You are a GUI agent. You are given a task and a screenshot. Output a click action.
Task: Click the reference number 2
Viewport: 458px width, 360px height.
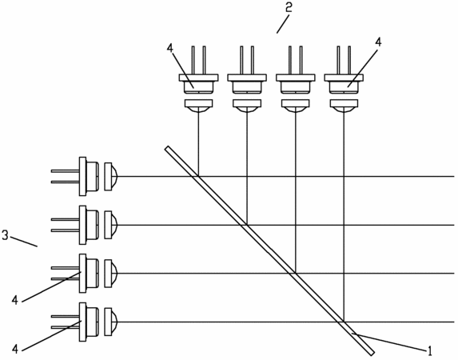tap(289, 8)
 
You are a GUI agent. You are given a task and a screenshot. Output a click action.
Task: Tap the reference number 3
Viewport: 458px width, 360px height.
tap(5, 235)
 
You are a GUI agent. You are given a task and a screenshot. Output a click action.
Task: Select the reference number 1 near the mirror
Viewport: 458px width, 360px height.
tap(429, 350)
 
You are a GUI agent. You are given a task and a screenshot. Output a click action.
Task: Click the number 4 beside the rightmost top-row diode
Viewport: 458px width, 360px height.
tap(378, 42)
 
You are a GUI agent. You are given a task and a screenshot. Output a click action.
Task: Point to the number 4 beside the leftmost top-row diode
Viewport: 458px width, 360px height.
tap(170, 47)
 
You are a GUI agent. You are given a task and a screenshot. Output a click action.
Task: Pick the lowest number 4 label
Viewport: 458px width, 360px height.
tap(15, 349)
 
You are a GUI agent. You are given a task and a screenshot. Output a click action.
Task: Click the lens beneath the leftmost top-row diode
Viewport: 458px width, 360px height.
tap(198, 106)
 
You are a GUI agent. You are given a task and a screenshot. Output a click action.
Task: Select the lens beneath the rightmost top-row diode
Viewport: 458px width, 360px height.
tap(344, 106)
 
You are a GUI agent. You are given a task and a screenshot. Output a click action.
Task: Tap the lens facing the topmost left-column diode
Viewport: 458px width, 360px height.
tap(111, 177)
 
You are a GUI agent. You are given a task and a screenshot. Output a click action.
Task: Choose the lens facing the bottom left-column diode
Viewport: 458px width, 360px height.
tap(111, 322)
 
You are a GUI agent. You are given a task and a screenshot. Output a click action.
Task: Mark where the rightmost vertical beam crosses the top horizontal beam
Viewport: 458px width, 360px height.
tap(344, 176)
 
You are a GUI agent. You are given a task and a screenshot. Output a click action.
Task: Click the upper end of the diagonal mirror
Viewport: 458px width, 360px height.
tap(167, 148)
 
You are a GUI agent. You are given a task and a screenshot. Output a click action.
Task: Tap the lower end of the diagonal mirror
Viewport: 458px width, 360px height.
tap(372, 354)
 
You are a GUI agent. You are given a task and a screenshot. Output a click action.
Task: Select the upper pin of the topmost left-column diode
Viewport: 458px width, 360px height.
tap(65, 170)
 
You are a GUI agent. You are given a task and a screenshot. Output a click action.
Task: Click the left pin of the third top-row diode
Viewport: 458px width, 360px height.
tap(290, 60)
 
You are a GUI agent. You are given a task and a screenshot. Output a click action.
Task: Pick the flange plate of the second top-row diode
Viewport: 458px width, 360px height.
tap(247, 78)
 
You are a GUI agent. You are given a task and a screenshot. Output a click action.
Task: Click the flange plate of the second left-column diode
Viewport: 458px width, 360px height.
tap(82, 225)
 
